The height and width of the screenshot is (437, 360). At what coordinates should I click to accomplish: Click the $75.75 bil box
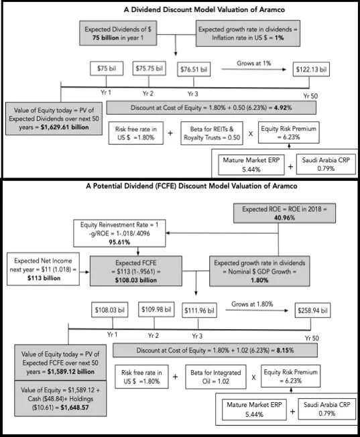(x=149, y=68)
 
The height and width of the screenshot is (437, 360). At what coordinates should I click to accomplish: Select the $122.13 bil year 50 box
(x=311, y=70)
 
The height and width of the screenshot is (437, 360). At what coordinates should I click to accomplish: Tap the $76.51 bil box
(x=194, y=70)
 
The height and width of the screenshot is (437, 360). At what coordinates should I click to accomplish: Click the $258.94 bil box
(x=312, y=310)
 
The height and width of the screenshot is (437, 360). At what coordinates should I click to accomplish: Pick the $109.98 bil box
(x=156, y=310)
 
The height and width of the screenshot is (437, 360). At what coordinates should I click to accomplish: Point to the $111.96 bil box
(x=199, y=310)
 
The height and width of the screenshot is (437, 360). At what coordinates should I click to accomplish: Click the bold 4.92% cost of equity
(x=283, y=108)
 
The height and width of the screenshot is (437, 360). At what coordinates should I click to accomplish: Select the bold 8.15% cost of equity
(x=285, y=351)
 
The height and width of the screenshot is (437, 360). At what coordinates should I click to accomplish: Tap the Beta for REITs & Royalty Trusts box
(x=212, y=133)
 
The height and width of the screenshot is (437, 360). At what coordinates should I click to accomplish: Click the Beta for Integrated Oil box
(x=216, y=377)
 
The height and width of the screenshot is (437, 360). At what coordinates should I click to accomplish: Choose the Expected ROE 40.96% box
(x=284, y=213)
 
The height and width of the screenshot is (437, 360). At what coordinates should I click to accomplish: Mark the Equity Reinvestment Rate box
(x=119, y=233)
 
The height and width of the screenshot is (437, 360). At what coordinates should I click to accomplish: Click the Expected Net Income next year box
(x=43, y=269)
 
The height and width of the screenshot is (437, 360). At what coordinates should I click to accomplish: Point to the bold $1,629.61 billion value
(x=65, y=127)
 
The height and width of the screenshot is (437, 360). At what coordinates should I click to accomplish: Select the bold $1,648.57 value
(x=74, y=408)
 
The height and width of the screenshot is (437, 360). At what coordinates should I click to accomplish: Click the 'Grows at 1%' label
(x=254, y=63)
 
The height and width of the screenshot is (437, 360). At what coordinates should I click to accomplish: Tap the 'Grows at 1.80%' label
(x=252, y=304)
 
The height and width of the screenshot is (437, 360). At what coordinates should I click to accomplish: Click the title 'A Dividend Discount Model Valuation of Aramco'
(x=204, y=10)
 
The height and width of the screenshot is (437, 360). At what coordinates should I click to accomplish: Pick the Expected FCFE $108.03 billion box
(x=136, y=271)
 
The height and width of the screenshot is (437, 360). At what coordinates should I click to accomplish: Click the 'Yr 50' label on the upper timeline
(x=310, y=96)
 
